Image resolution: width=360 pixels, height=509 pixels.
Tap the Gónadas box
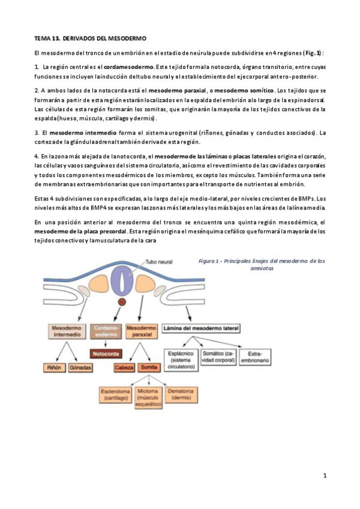(80, 367)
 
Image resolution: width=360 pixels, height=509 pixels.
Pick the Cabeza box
(124, 367)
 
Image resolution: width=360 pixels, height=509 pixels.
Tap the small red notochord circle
(122, 302)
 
